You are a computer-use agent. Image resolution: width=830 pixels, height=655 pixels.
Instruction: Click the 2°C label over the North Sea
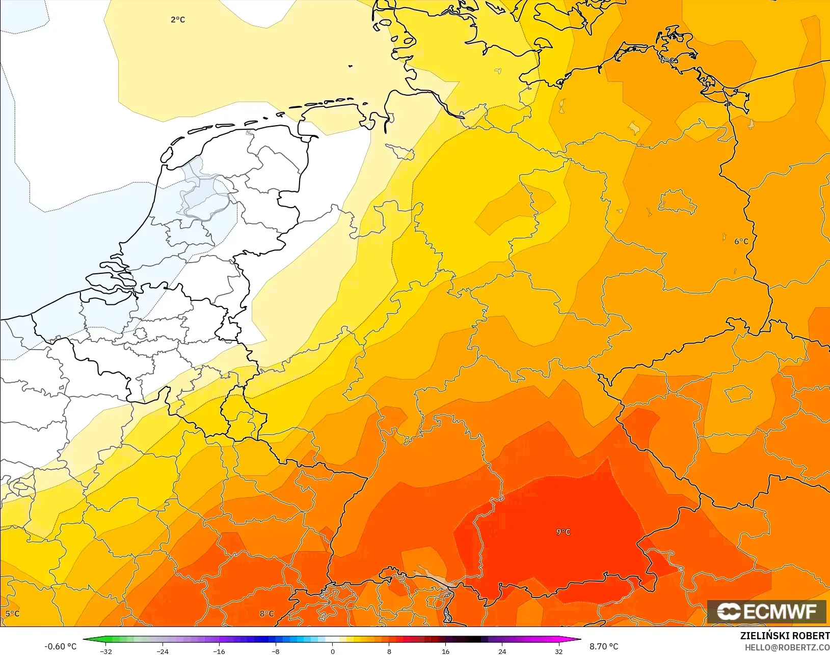178,20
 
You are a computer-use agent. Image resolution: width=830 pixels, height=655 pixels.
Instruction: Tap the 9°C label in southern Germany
563,532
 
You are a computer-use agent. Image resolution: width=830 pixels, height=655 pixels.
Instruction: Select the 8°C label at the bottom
266,614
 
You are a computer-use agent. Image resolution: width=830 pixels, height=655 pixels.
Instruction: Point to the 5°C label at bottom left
12,614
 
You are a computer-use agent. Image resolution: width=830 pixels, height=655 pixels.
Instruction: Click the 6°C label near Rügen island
669,61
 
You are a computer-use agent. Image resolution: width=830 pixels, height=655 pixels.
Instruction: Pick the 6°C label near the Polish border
741,241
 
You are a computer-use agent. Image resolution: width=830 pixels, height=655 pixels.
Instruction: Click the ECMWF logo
766,611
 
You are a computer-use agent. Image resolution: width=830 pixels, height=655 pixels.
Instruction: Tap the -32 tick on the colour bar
106,651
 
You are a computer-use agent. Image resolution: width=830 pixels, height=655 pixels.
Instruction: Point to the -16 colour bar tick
219,651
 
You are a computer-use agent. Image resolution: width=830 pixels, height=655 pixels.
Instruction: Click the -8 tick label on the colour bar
275,651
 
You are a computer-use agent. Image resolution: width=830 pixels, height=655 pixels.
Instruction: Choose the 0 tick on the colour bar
332,651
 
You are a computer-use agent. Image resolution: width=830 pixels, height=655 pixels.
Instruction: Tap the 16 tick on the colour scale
445,651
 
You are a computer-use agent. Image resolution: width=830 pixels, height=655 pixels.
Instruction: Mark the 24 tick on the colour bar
502,651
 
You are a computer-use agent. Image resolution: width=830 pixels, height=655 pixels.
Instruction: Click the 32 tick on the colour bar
558,651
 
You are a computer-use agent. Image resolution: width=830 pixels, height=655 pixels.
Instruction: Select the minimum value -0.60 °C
60,646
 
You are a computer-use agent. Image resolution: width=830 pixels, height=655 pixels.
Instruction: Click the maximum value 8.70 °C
604,646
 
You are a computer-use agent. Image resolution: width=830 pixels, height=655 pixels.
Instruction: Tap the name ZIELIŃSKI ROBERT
785,636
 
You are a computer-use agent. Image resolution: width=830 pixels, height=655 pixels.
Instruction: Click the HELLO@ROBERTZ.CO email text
787,647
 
